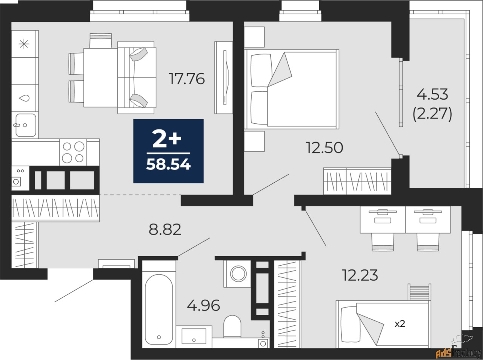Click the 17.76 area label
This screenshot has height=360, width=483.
(x=187, y=79)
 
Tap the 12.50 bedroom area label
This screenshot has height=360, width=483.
(x=325, y=148)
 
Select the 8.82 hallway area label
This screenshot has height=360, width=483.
(x=165, y=229)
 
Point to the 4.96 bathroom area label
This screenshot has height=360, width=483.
(x=203, y=305)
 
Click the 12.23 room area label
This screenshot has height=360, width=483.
(x=360, y=275)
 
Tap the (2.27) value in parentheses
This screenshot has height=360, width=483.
(x=432, y=114)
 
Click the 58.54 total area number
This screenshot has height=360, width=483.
(x=168, y=164)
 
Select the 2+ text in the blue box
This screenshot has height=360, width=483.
(x=167, y=140)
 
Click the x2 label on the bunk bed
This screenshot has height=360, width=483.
(x=400, y=324)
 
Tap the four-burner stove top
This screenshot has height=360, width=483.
(x=73, y=152)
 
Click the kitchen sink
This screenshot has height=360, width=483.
(x=26, y=125)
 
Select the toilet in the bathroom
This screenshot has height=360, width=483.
(x=232, y=326)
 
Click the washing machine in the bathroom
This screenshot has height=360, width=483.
(x=238, y=274)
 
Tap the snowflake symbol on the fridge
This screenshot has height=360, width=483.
(x=24, y=44)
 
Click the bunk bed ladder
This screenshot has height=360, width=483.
(x=419, y=292)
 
